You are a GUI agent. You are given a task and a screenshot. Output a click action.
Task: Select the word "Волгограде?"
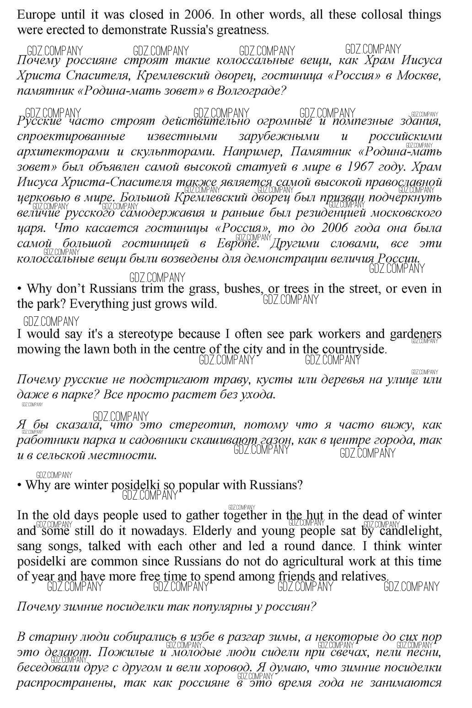[251, 90]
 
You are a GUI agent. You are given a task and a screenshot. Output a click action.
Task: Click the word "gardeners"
[415, 334]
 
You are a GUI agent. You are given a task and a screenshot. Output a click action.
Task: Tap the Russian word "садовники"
[158, 440]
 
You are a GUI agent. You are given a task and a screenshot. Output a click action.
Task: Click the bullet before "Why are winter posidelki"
[20, 485]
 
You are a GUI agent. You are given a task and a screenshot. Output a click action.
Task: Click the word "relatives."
[361, 576]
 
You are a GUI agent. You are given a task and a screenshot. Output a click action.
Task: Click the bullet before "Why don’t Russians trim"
[20, 289]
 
